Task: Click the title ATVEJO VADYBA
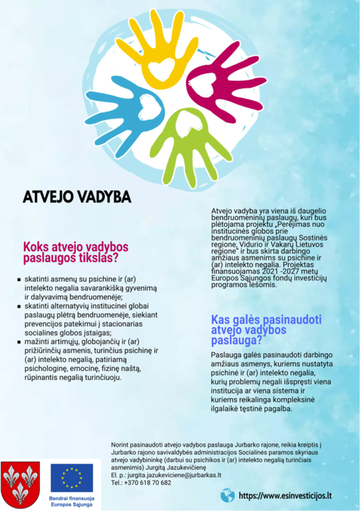[77, 197]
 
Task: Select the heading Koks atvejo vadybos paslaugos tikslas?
[75, 253]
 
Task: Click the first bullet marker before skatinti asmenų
[19, 280]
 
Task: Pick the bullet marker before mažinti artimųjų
[19, 342]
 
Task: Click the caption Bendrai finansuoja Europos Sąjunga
[72, 501]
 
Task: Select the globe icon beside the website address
[227, 495]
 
